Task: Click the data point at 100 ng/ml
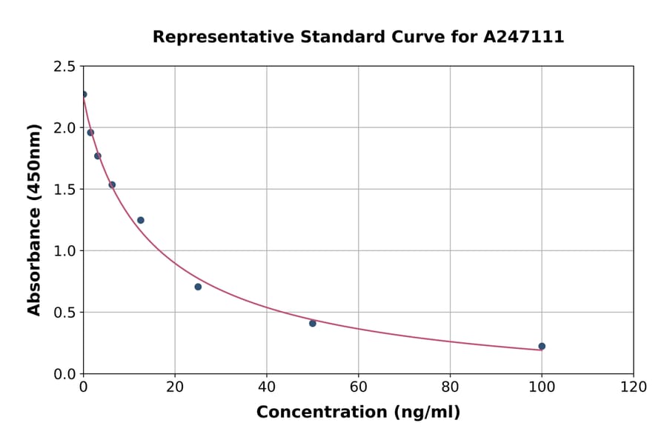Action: coord(542,346)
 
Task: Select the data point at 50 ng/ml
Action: coord(313,323)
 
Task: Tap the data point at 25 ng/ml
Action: coord(198,287)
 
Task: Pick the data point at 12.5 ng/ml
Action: coord(141,220)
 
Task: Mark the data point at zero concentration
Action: coord(84,94)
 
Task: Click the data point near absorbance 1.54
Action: coord(112,184)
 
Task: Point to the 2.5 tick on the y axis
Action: coord(64,67)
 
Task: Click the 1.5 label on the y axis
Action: coord(64,190)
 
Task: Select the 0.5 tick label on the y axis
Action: coord(64,313)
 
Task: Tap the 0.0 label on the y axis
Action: coord(64,374)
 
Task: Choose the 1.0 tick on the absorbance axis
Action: coord(64,251)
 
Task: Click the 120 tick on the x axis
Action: coord(634,387)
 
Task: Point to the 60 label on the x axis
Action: coord(359,387)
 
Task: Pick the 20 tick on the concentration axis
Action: coord(175,387)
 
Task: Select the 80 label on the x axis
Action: coord(450,387)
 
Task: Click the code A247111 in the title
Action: coord(524,37)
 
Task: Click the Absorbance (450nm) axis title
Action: coord(34,219)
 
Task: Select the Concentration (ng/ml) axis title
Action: coord(358,413)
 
